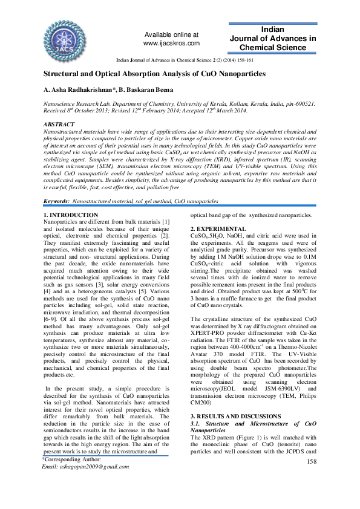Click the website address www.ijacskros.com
tap(171, 44)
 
